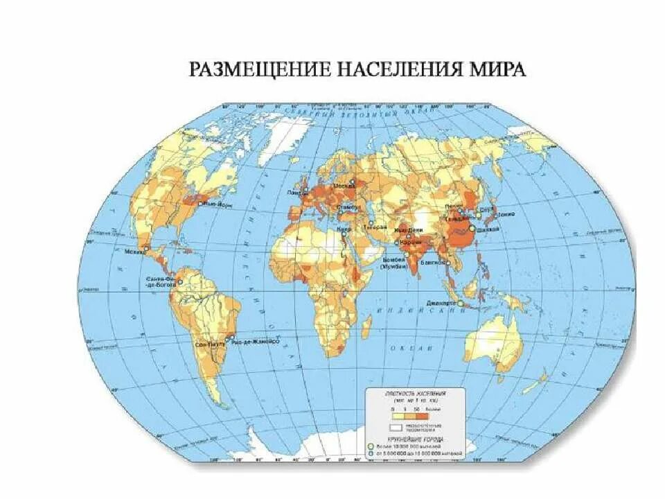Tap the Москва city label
click(x=345, y=186)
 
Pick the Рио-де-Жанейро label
click(x=255, y=342)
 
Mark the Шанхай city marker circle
click(x=472, y=227)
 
